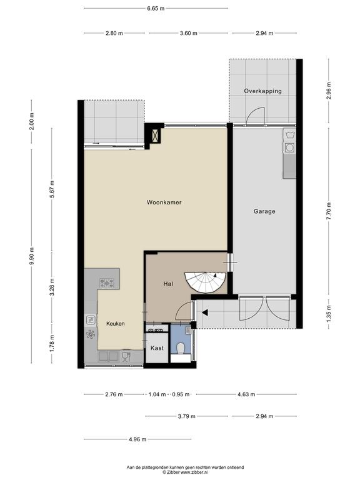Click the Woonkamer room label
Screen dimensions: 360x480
[164, 202]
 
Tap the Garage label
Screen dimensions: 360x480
[264, 211]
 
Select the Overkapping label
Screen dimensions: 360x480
[262, 91]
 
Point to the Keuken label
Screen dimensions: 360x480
[116, 324]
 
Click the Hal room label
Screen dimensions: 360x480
[168, 284]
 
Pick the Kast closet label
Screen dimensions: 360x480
[157, 348]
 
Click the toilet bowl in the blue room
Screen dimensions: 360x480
[181, 348]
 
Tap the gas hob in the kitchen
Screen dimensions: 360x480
[107, 283]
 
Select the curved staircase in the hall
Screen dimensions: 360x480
[205, 282]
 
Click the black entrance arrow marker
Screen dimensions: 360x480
[205, 312]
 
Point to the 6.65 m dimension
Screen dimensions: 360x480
[156, 9]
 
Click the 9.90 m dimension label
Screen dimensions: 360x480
[31, 257]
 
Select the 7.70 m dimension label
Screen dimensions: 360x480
[329, 211]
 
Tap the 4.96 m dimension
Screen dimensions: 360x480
[137, 439]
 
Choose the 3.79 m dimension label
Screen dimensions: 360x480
[187, 416]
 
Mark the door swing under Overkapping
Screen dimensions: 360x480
[255, 116]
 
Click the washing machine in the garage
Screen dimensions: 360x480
[289, 148]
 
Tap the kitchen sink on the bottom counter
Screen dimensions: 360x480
[109, 356]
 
